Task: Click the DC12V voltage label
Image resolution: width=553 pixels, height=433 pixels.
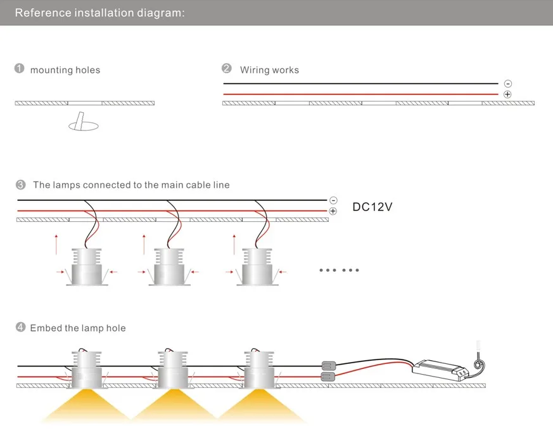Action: tap(372, 207)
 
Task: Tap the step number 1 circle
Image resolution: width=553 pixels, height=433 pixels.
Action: tap(20, 68)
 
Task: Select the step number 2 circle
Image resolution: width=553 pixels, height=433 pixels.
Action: tap(227, 68)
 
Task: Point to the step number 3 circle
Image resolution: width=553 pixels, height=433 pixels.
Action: tap(21, 184)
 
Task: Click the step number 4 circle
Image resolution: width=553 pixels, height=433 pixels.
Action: tap(21, 327)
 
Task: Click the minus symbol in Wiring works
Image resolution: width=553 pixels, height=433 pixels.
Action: tap(508, 84)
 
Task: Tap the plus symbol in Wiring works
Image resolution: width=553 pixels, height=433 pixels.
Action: tap(507, 94)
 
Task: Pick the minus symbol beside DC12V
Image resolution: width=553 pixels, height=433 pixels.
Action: tap(333, 200)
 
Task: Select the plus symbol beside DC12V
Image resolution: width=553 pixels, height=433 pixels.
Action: tap(333, 211)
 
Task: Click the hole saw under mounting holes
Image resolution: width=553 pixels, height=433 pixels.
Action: tap(83, 122)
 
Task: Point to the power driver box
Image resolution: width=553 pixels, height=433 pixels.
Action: tap(440, 370)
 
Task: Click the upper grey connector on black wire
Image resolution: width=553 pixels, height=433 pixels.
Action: tap(328, 366)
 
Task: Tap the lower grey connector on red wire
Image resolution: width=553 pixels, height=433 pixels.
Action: tap(328, 377)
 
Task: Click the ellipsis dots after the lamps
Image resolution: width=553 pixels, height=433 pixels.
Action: tap(340, 270)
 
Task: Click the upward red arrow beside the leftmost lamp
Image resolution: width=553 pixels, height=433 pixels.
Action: tap(56, 244)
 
